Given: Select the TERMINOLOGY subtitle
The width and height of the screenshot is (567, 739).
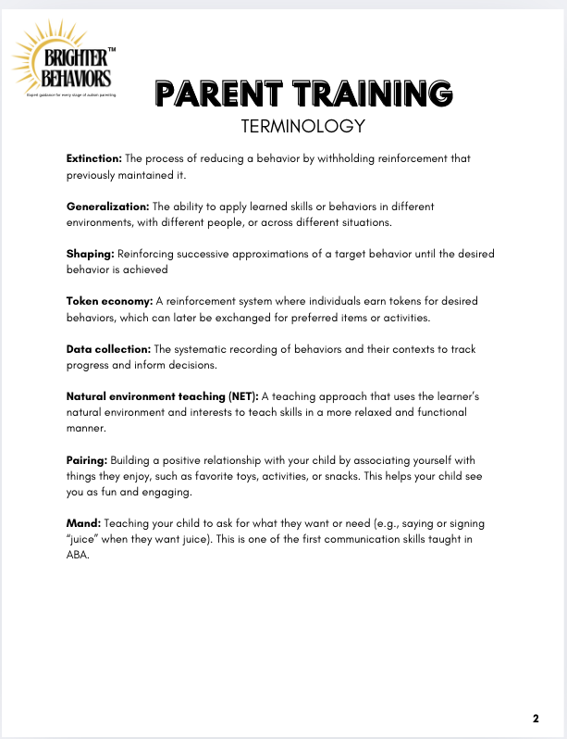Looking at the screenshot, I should (x=302, y=125).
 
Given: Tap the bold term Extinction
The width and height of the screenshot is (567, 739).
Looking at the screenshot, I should (x=93, y=158).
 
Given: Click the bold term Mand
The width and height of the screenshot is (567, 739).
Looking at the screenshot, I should (x=82, y=523).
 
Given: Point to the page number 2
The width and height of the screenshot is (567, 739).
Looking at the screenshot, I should (x=536, y=719).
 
